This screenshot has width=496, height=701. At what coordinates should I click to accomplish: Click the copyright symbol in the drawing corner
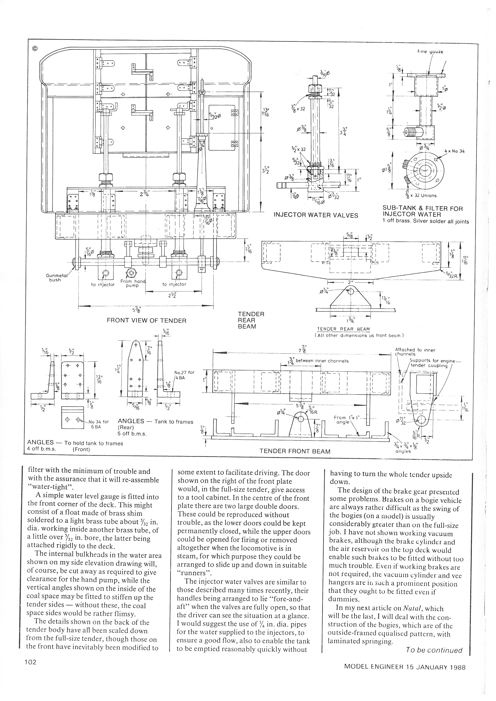34,48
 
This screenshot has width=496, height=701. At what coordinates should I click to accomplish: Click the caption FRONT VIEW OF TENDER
146,321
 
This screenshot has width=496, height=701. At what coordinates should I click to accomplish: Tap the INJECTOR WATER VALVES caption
316,215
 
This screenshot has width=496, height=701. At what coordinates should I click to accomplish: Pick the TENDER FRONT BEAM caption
295,451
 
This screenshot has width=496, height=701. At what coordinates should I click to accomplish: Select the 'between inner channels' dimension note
322,361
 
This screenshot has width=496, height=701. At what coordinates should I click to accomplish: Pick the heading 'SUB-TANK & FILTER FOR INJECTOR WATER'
423,211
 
